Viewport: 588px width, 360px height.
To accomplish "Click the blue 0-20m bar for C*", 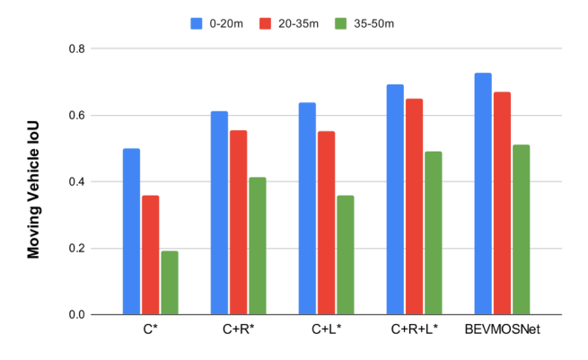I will coord(131,232).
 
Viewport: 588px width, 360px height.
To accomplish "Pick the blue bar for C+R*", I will coord(219,213).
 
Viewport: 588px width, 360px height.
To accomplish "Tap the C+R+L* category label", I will coord(414,330).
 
